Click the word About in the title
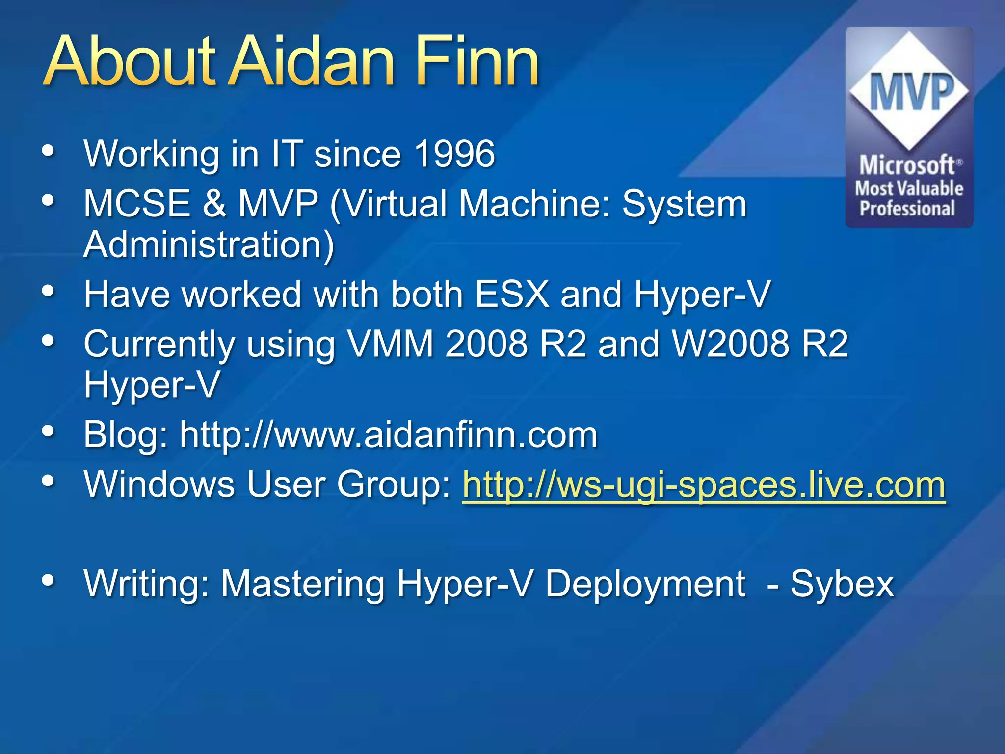[130, 61]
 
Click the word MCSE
[137, 203]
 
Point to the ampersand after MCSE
[214, 203]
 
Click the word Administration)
[209, 244]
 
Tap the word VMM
[391, 344]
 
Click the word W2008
[730, 344]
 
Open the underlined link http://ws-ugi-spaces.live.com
[704, 485]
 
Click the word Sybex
[842, 584]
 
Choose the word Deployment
[645, 584]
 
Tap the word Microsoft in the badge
[907, 165]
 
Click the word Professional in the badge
[907, 209]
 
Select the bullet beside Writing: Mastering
[48, 580]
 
